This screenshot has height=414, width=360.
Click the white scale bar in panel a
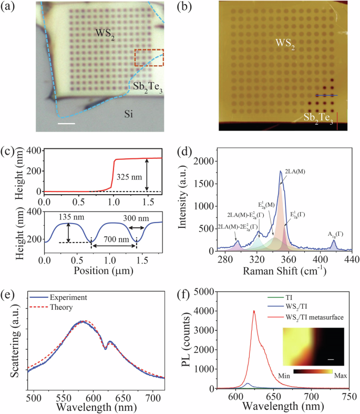[x=68, y=124]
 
